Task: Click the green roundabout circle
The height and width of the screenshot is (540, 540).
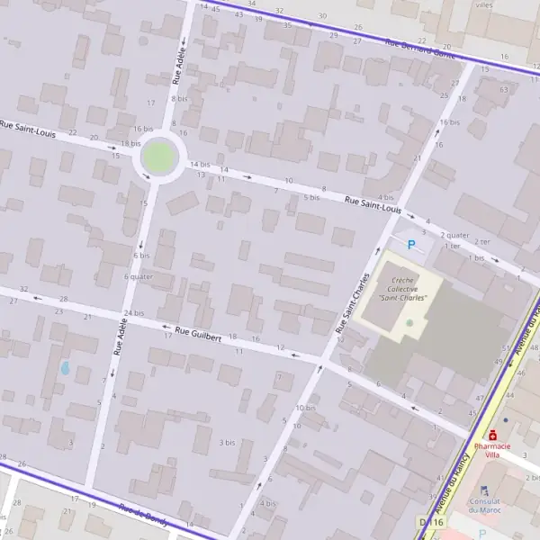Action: (x=158, y=158)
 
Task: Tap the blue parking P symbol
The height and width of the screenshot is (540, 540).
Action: (x=412, y=244)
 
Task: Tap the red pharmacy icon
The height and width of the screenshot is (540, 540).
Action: (x=492, y=435)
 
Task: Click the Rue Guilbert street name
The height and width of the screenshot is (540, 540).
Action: (x=200, y=332)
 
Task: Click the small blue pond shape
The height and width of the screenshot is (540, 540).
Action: (x=64, y=368)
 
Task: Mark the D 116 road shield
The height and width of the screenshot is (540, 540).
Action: (x=431, y=522)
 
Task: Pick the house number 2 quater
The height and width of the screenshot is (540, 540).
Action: (x=455, y=236)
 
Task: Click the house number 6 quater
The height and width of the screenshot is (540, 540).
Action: (x=139, y=276)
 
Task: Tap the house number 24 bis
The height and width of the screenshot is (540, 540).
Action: (x=134, y=312)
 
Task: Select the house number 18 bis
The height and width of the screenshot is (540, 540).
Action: (x=130, y=143)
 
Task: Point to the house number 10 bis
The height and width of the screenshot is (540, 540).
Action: (x=306, y=408)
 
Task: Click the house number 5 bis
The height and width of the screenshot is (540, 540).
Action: (x=311, y=197)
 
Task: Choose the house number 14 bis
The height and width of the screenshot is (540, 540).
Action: (x=199, y=165)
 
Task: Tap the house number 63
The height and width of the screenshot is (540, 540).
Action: (x=504, y=89)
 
